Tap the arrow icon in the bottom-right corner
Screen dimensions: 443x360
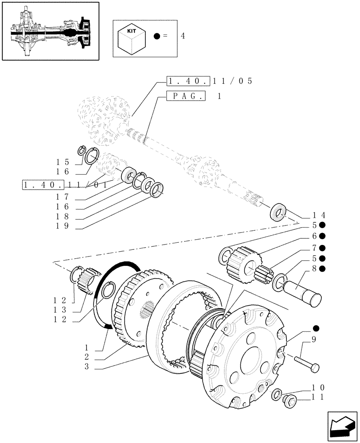pos(342,426)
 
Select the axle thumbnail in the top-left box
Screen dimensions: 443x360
pos(50,31)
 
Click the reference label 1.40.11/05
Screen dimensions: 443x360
pos(210,82)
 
